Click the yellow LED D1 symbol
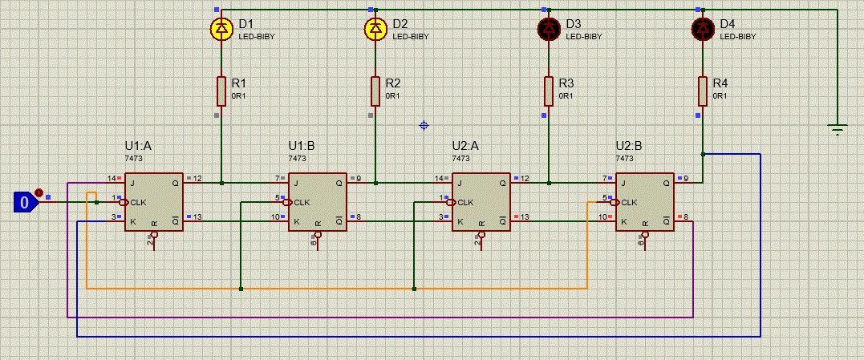[x=222, y=29]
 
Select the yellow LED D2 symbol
[x=375, y=29]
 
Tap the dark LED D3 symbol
[x=549, y=29]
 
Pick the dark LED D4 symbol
[x=703, y=29]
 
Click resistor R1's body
[x=221, y=91]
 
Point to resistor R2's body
[x=375, y=91]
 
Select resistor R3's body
[x=549, y=91]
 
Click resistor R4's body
[x=703, y=91]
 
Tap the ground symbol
[x=838, y=131]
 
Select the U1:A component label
[x=138, y=147]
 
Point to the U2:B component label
[x=629, y=147]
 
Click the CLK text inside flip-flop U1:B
[x=302, y=203]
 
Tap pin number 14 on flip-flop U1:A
[x=112, y=178]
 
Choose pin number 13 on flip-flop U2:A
[x=525, y=216]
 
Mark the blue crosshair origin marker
[x=424, y=126]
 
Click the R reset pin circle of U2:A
[x=481, y=234]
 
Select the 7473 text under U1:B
[x=298, y=159]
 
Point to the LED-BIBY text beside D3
[x=584, y=37]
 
